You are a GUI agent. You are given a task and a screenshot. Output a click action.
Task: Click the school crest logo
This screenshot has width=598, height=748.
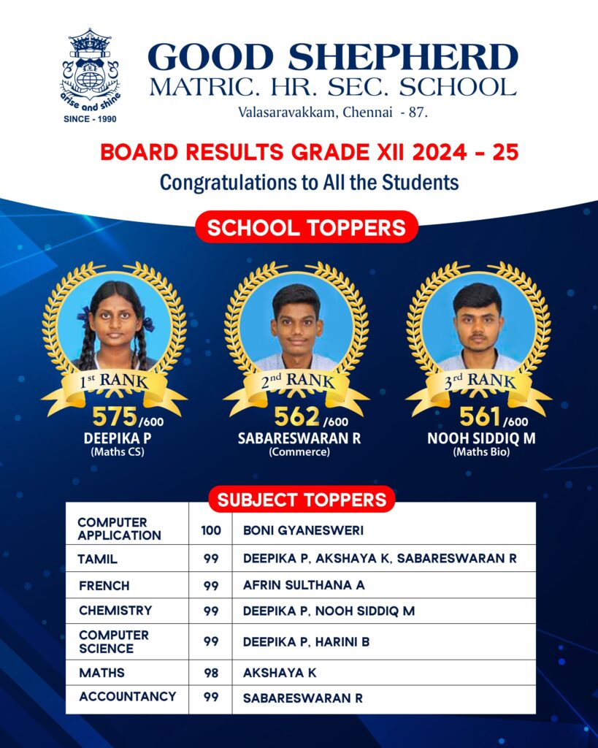(90, 69)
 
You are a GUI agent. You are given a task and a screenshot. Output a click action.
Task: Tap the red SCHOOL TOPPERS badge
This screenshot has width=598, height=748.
(306, 227)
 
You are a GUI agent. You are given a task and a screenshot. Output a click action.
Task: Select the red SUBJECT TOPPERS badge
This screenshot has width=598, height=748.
(302, 500)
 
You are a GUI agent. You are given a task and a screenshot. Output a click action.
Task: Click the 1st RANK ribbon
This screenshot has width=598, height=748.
(114, 381)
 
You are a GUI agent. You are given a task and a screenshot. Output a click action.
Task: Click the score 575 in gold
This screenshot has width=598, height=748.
(115, 416)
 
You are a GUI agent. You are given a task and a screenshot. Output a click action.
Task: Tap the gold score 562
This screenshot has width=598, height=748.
(296, 416)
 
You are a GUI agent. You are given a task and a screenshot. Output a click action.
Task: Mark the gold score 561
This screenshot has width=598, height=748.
(480, 416)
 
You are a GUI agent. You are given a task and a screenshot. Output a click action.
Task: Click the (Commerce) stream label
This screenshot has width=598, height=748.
(299, 451)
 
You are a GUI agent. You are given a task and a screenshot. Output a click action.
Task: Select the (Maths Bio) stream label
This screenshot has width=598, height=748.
(480, 451)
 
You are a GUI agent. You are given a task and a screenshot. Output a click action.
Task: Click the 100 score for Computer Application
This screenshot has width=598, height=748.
(211, 529)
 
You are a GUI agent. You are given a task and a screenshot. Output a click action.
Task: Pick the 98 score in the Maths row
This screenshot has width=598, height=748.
(211, 673)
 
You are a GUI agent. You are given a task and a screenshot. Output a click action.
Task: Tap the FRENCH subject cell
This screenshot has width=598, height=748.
(104, 586)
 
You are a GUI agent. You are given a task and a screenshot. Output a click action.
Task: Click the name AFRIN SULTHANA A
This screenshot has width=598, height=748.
(304, 586)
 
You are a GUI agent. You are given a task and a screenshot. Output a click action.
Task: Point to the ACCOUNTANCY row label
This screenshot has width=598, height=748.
(128, 696)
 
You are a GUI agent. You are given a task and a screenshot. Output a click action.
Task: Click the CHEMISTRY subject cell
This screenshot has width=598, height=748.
(115, 610)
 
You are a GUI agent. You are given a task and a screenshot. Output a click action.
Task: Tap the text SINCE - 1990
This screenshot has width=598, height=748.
(90, 118)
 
